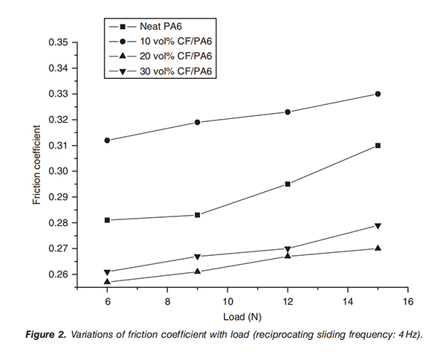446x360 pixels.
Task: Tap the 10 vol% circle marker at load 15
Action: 378,94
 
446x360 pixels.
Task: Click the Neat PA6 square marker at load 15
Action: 378,145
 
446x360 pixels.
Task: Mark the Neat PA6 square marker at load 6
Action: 108,220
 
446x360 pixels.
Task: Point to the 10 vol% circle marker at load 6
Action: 108,140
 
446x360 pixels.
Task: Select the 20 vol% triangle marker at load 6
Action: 108,281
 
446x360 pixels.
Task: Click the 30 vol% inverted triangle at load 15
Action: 378,225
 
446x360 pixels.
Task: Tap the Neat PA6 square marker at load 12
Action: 288,184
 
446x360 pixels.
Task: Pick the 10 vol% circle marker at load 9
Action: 198,122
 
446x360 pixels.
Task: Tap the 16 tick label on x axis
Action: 407,303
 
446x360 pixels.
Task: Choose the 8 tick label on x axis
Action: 167,303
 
